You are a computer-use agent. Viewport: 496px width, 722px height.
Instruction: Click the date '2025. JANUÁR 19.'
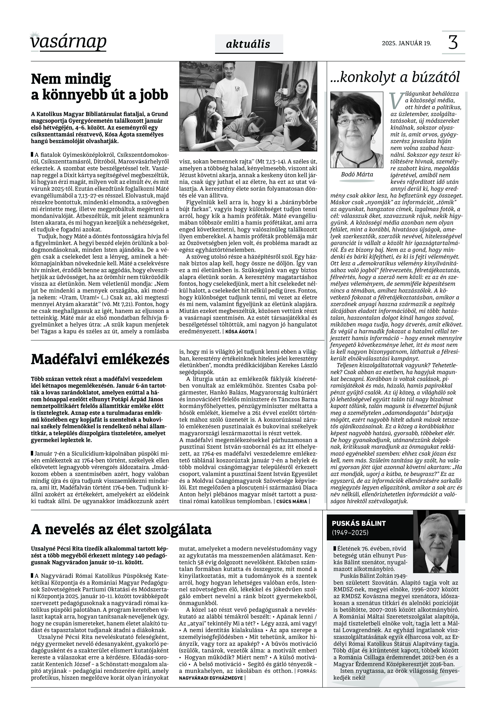[406, 43]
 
